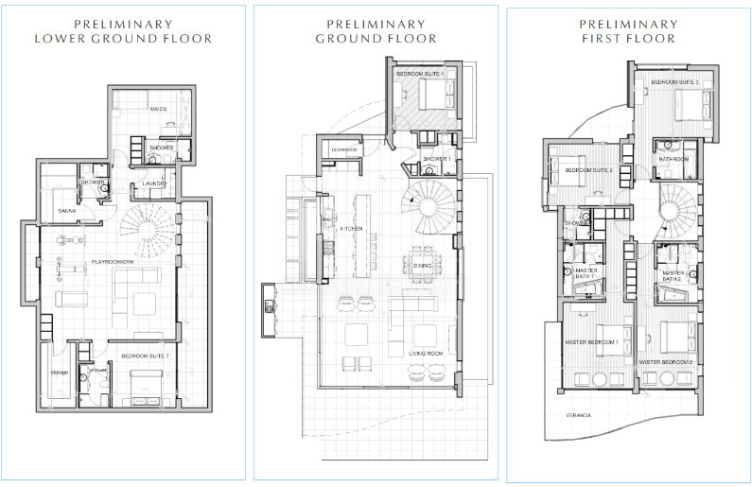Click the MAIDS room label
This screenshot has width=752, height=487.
[158, 110]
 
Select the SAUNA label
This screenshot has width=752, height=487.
[67, 210]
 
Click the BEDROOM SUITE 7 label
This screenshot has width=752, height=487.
[144, 357]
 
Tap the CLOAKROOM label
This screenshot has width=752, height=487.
[344, 149]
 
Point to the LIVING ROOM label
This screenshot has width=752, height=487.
[425, 352]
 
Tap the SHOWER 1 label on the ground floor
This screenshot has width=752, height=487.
[436, 159]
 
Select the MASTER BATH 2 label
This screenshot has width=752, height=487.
[673, 275]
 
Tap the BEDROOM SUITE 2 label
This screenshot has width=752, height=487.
[589, 170]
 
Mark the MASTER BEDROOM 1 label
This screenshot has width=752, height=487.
[592, 341]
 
